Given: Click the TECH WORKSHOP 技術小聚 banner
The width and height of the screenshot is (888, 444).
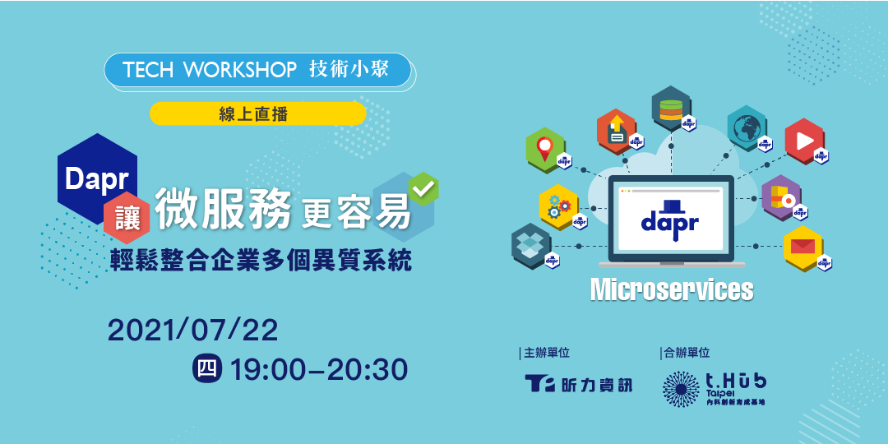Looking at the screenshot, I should coord(257,71).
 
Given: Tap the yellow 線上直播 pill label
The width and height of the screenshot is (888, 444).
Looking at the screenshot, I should coord(257,114).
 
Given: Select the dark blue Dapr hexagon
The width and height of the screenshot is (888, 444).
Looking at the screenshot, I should coord(97,179).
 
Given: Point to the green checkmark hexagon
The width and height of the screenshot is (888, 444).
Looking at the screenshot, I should coord(423,188).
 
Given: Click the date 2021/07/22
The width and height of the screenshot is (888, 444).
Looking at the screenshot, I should coord(193,330).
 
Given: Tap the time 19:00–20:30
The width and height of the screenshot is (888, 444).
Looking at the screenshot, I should coord(319,370).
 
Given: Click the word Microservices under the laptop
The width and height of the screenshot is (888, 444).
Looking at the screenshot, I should coord(671,289).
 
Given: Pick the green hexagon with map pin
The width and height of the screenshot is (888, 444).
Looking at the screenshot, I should coord(544,150).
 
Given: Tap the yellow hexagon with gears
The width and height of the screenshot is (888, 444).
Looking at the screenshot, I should coord(557,207).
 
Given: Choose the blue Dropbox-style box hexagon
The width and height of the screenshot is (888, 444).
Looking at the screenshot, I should coord(530,245).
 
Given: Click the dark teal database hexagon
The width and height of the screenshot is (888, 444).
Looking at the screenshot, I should coord(671,108).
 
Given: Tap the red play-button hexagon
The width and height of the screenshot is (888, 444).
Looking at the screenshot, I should coord(803,141).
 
